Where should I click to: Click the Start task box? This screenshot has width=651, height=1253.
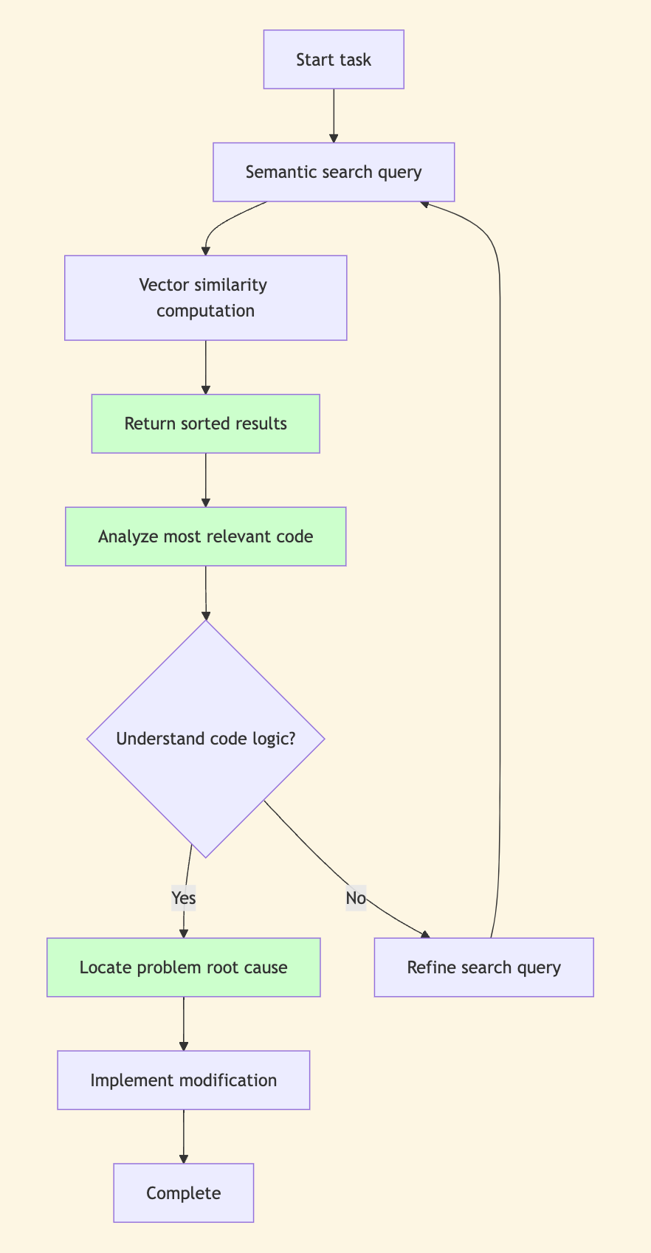tap(334, 60)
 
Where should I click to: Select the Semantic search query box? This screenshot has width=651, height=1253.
tap(334, 172)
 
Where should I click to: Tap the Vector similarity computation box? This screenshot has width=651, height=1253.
tap(205, 297)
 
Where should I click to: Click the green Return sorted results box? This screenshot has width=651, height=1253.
tap(205, 424)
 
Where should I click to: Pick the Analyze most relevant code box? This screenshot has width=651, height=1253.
tap(205, 536)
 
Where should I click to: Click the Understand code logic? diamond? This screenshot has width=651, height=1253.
tap(205, 739)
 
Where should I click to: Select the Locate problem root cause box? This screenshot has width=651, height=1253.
tap(183, 967)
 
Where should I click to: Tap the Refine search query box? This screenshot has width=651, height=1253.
tap(483, 967)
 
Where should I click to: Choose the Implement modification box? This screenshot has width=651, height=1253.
tap(183, 1080)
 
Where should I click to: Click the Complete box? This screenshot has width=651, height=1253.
tap(183, 1193)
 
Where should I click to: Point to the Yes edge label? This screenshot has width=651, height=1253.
tap(183, 898)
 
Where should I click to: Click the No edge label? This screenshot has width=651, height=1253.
tap(356, 898)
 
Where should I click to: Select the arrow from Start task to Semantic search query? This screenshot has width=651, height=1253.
tap(334, 115)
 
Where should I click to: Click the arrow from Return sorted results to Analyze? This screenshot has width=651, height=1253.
tap(205, 480)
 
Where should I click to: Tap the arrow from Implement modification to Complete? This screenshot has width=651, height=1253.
tap(183, 1136)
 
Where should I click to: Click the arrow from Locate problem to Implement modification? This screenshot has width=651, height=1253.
tap(183, 1024)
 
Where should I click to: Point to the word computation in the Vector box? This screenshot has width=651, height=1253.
tap(205, 311)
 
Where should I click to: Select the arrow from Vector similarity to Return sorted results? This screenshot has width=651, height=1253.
tap(205, 367)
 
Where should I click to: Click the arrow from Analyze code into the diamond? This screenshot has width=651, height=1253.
tap(205, 593)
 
